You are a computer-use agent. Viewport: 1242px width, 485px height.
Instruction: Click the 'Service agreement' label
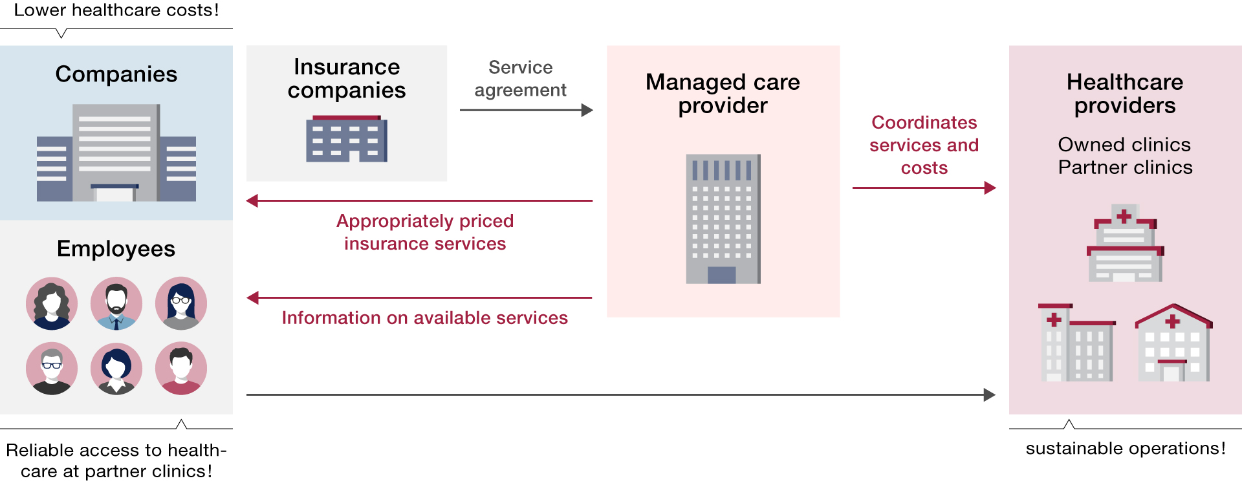pos(520,78)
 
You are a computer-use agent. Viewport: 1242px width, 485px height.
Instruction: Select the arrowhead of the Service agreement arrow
pos(587,110)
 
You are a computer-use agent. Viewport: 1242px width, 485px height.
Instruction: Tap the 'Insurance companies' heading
pos(347,78)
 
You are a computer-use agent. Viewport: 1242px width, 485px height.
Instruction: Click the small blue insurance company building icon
pos(347,138)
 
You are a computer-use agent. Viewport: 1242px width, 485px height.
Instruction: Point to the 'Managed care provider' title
pos(723,94)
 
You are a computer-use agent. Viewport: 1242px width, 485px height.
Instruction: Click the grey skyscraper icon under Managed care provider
pos(723,219)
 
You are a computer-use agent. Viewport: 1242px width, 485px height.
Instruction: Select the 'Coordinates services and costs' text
pos(924,145)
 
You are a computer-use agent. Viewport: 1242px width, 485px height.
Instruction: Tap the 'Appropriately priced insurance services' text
pos(425,232)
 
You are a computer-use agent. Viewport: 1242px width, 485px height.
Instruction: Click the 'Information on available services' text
pos(425,318)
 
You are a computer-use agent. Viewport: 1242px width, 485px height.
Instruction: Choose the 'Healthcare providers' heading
pos(1125,94)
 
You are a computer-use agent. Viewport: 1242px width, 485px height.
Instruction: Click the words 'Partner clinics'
pos(1125,167)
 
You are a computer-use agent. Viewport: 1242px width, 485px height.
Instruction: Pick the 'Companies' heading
pos(116,74)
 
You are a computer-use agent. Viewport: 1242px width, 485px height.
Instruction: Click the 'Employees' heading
pos(116,249)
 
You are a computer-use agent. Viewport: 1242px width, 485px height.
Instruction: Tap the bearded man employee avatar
pos(116,303)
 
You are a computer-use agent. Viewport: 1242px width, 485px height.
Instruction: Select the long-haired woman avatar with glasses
pos(181,303)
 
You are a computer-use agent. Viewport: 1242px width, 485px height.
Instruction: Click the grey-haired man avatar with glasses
pos(52,369)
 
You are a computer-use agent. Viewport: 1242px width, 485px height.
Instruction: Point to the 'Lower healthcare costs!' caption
pos(116,10)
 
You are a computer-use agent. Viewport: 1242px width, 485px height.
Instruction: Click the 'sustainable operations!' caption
pos(1126,448)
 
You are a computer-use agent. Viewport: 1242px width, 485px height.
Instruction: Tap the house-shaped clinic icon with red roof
pos(1173,343)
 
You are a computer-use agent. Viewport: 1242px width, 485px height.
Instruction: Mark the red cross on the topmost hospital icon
pos(1124,216)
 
